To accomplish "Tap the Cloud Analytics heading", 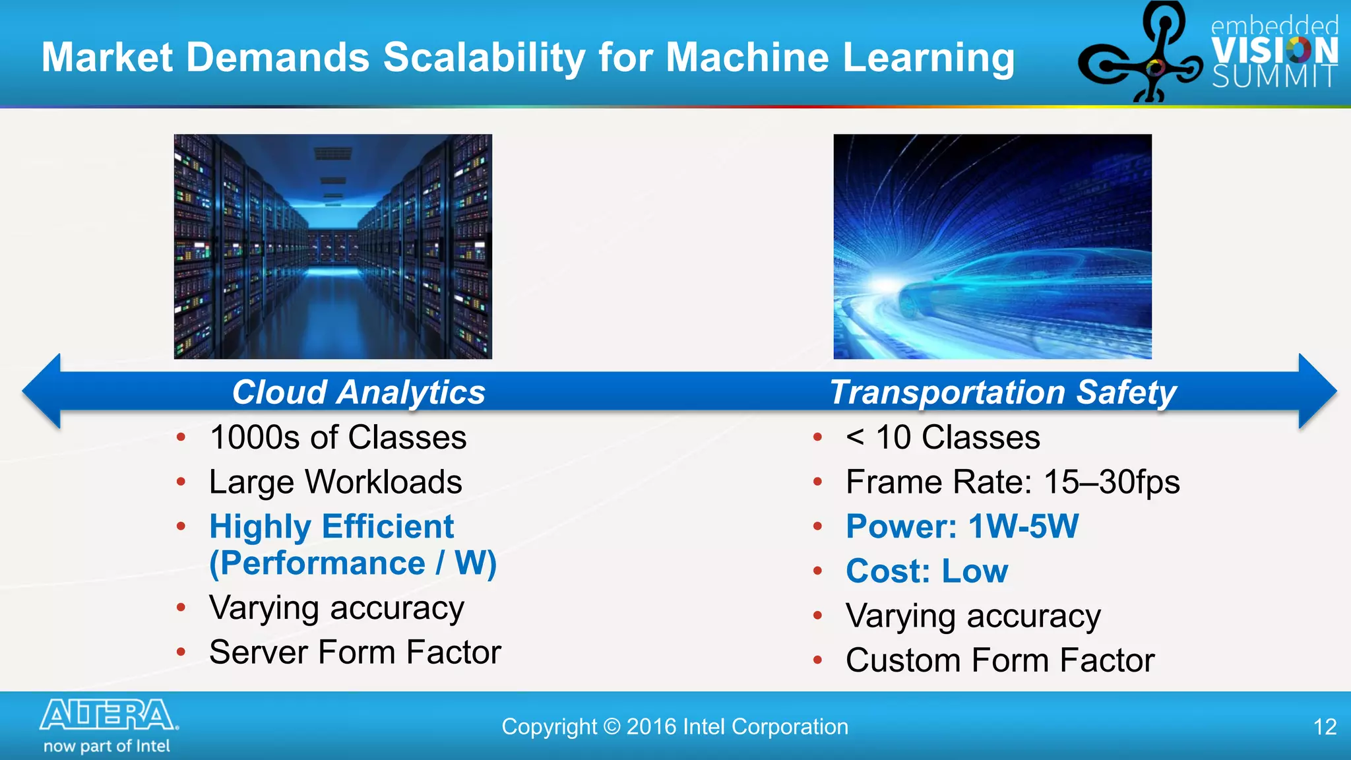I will tap(358, 393).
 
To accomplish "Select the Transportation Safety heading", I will tap(1003, 393).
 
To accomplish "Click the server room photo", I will tap(332, 247).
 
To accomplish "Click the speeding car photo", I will tap(992, 247).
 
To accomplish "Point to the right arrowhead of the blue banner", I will tap(1316, 391).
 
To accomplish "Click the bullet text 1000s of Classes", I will tap(338, 437).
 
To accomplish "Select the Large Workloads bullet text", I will tap(335, 482).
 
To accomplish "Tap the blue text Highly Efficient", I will tap(331, 527).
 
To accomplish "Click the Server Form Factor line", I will tap(355, 652).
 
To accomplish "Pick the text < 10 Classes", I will tap(943, 437).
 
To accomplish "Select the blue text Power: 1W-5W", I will tap(962, 527).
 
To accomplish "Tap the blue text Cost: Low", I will tap(927, 571).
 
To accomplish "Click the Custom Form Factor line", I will tap(1000, 660).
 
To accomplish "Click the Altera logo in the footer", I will tap(109, 716).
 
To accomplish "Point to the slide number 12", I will tap(1325, 727).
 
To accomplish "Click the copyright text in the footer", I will tap(675, 727).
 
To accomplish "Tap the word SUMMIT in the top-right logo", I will tap(1274, 77).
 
